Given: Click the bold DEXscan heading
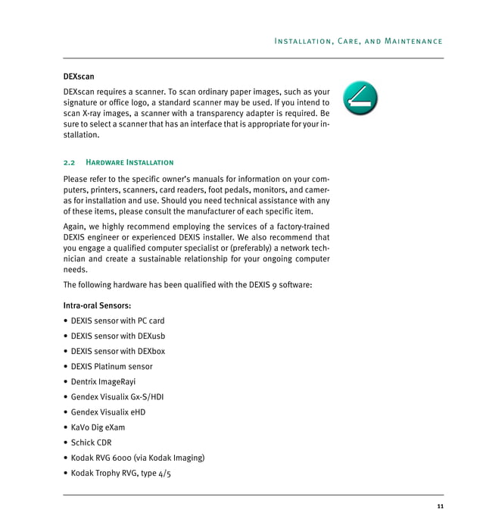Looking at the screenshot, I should (x=79, y=77).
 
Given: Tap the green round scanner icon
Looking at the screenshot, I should (x=360, y=98).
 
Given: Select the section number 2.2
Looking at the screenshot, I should (x=70, y=162).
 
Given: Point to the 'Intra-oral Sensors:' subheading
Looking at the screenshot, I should (x=97, y=305).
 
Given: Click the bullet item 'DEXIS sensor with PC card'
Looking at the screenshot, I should (x=117, y=321).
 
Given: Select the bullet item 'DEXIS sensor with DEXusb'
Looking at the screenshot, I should (x=117, y=336).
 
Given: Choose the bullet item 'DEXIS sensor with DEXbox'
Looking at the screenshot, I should (x=117, y=351).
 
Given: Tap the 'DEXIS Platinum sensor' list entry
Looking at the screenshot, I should (x=111, y=366).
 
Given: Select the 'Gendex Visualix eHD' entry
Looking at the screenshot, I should (x=108, y=412).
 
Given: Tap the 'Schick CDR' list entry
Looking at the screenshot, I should (x=92, y=443).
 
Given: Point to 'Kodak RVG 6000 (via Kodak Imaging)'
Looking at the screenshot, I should (x=138, y=458).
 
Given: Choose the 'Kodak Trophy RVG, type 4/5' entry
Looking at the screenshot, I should (x=121, y=473).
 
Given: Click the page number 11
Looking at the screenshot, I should (x=440, y=506).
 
